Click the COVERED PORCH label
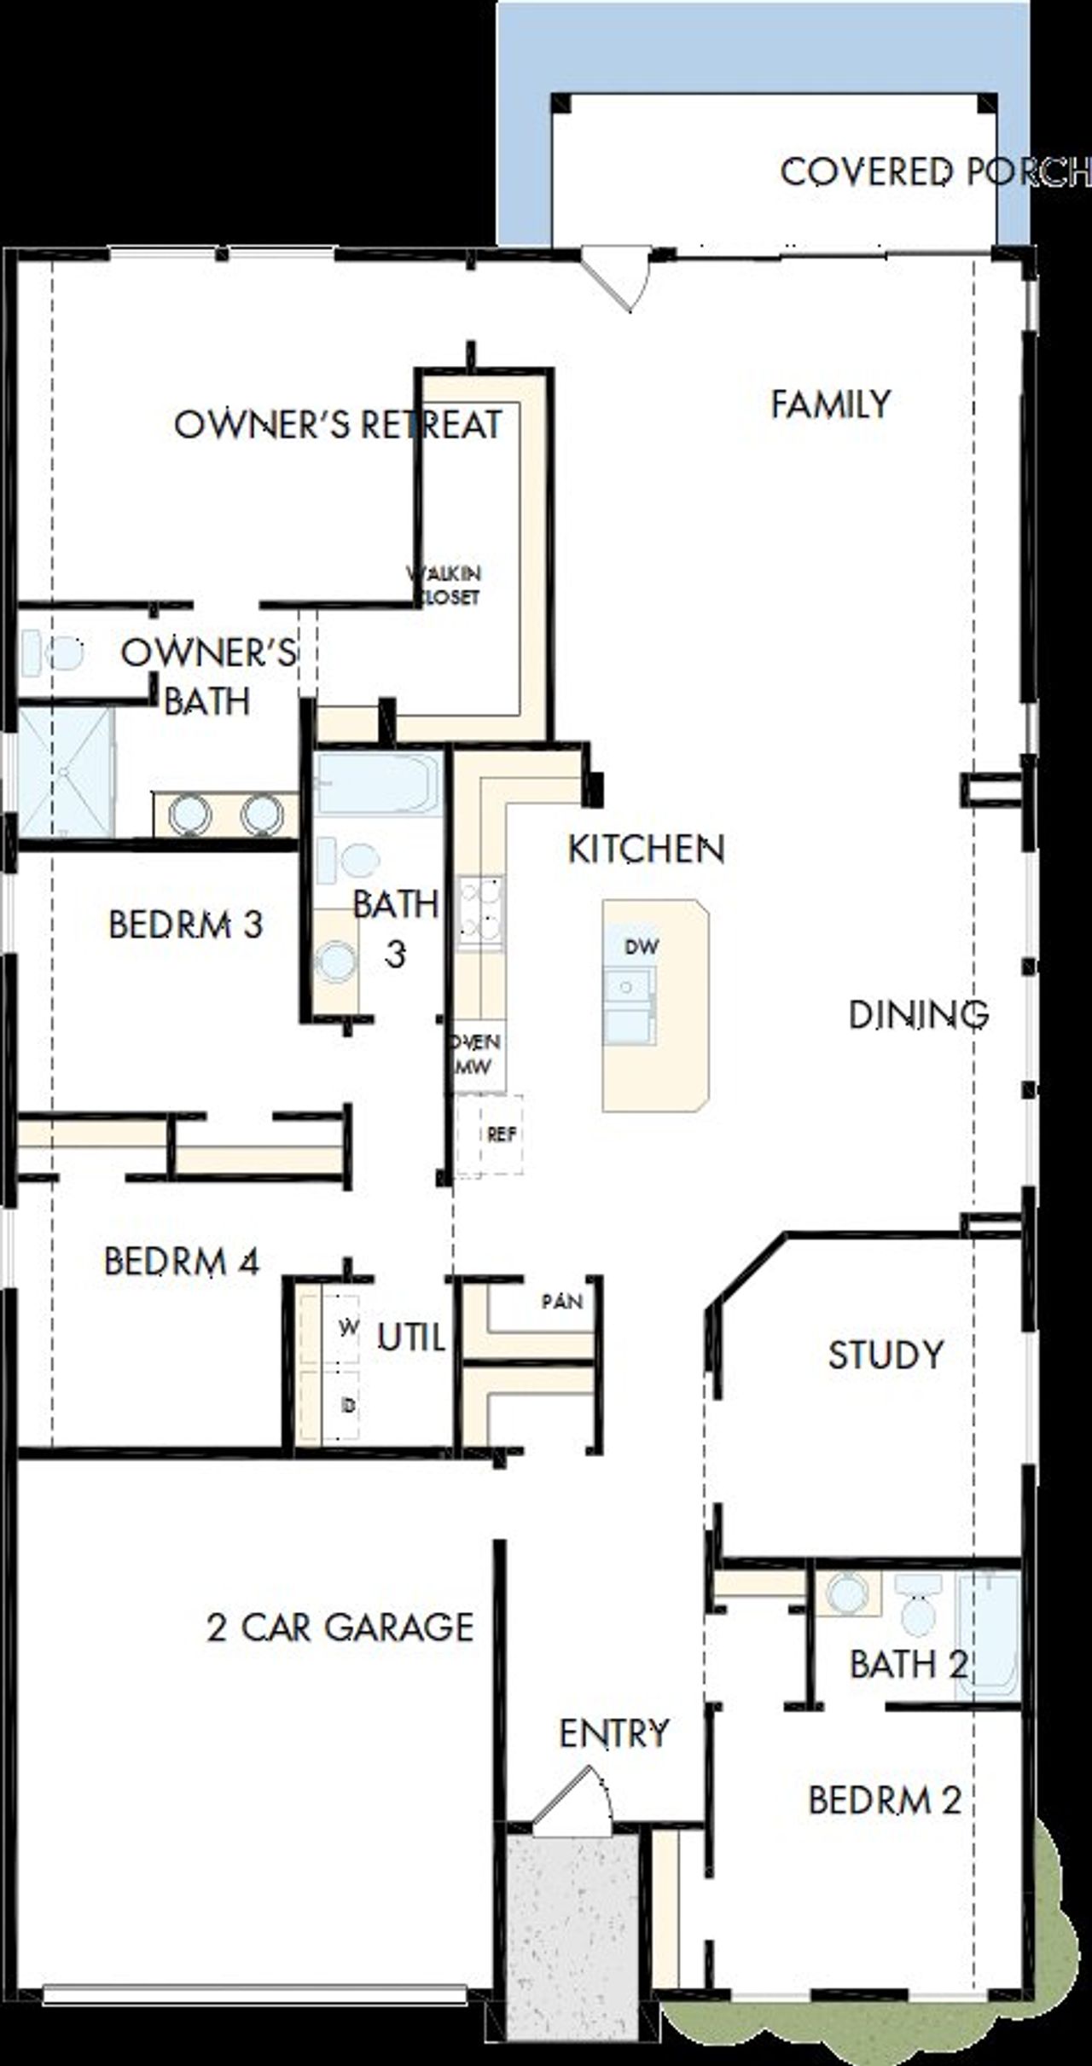point(934,173)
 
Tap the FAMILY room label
point(831,404)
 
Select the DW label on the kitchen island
point(642,946)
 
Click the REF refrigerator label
point(502,1135)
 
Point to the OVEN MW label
point(477,1053)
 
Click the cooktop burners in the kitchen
point(480,910)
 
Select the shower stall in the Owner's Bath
point(67,772)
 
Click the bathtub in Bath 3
point(376,783)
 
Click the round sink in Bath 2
point(847,1592)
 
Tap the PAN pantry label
point(562,1301)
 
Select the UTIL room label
point(411,1338)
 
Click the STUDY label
point(886,1355)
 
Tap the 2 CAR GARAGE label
point(340,1628)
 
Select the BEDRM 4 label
point(181,1262)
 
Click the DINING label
point(918,1014)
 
